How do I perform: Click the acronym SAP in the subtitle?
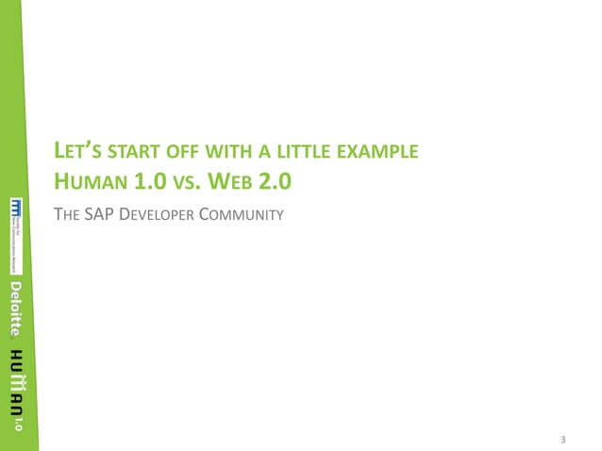click(98, 215)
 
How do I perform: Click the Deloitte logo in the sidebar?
click(15, 309)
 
